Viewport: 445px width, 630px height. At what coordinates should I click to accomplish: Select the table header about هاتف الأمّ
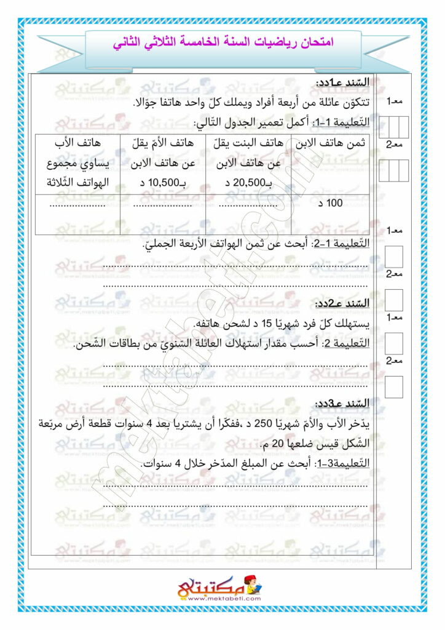[x=162, y=143]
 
